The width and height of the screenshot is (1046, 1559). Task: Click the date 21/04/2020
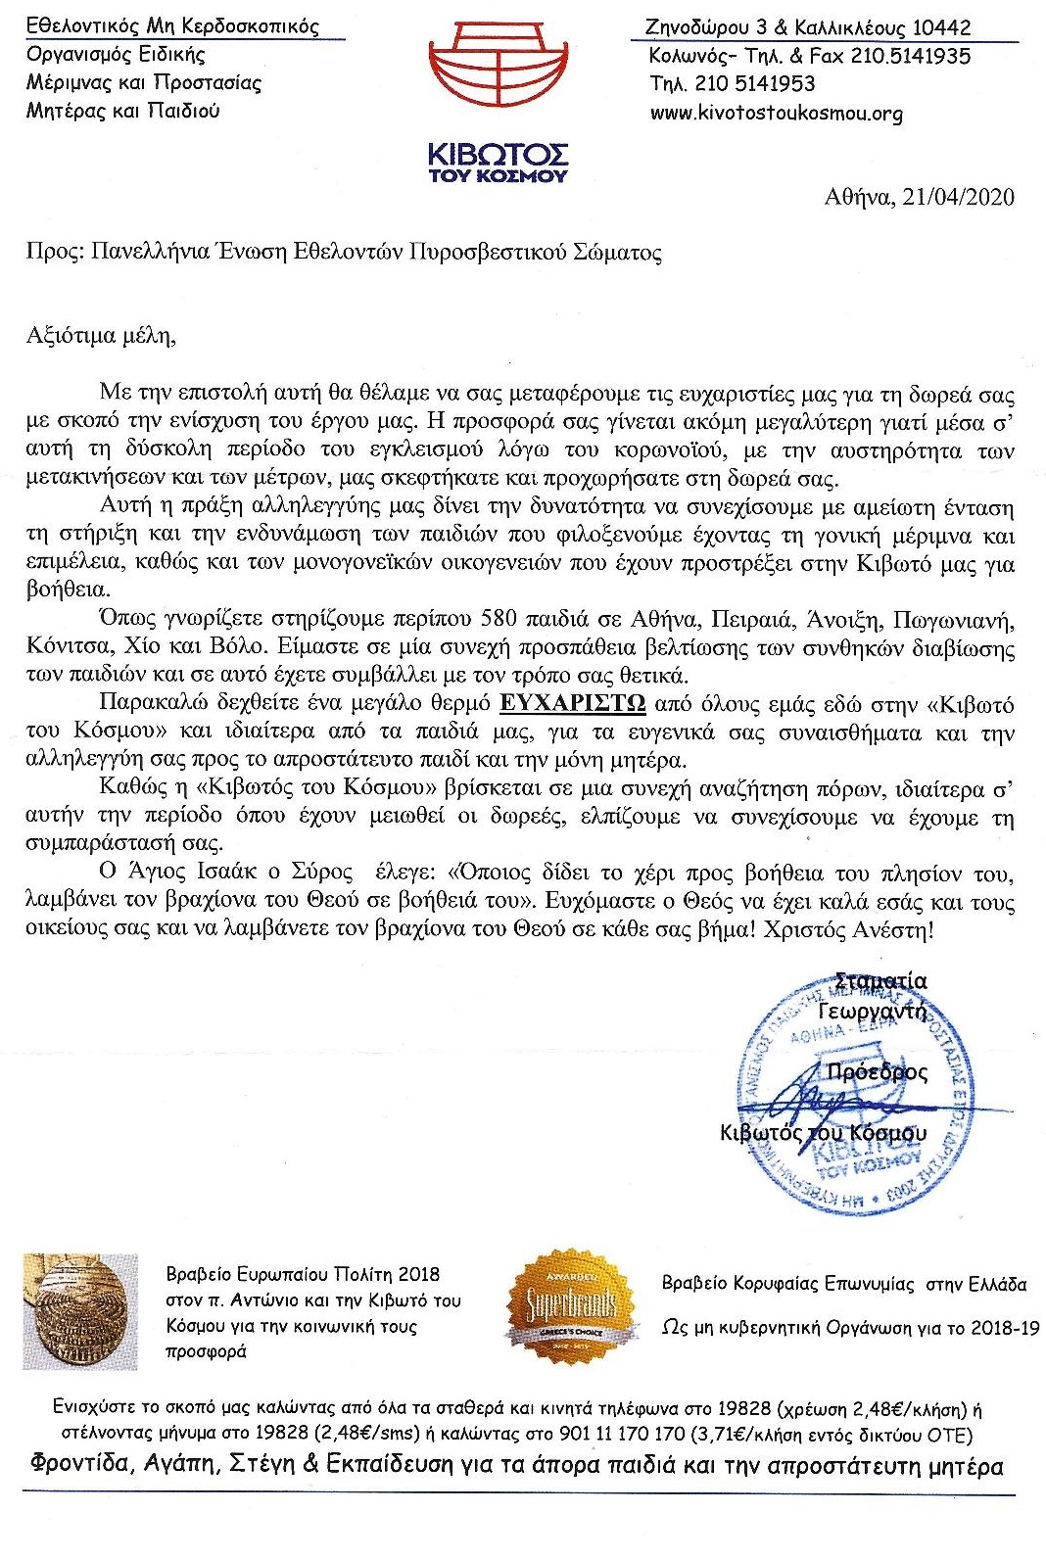(x=958, y=197)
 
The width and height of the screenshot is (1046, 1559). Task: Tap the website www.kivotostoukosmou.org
(x=776, y=113)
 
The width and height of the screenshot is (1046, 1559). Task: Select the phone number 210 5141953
(x=755, y=84)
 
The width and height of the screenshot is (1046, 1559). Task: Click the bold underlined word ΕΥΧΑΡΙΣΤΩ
(x=572, y=704)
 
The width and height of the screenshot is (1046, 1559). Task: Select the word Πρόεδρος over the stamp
(x=877, y=1072)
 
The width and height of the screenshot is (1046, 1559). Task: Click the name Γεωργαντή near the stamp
(x=873, y=1011)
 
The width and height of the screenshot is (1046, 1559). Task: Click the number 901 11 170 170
(x=621, y=1436)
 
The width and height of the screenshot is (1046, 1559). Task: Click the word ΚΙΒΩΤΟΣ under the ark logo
(x=499, y=156)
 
